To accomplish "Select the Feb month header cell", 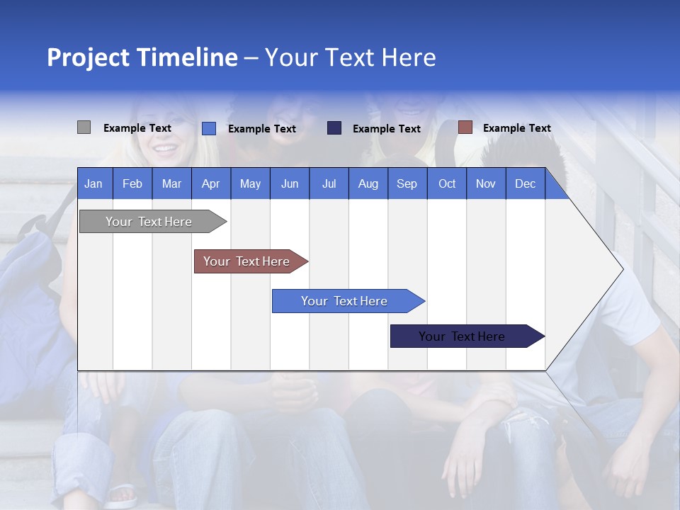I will pyautogui.click(x=132, y=183).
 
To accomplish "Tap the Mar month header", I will pyautogui.click(x=171, y=183).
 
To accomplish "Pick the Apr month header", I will pyautogui.click(x=211, y=183).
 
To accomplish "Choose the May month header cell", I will pyautogui.click(x=250, y=183).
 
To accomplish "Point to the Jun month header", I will pyautogui.click(x=290, y=183).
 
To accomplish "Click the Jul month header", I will pyautogui.click(x=329, y=183).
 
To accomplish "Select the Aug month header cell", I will pyautogui.click(x=368, y=183).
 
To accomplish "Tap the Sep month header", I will pyautogui.click(x=407, y=183).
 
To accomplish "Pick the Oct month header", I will pyautogui.click(x=447, y=183).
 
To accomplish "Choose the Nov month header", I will pyautogui.click(x=486, y=183).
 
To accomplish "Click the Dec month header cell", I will pyautogui.click(x=526, y=183).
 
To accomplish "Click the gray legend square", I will pyautogui.click(x=84, y=127).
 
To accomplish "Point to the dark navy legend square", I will pyautogui.click(x=334, y=128).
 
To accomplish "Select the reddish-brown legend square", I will pyautogui.click(x=465, y=127).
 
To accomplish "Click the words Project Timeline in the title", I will pyautogui.click(x=142, y=57).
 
